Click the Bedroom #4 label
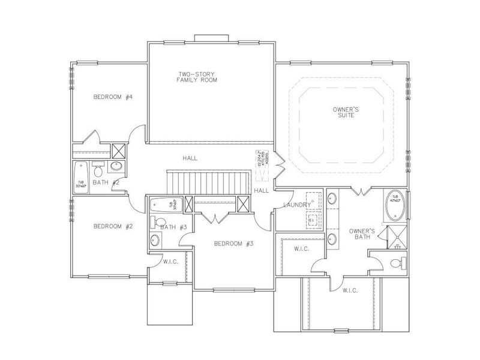coord(112,97)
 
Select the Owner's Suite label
coord(346,112)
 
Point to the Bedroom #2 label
coord(112,226)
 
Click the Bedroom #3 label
coord(234,244)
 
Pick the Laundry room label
coord(298,205)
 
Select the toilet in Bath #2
coord(99,165)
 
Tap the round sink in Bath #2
coord(118,167)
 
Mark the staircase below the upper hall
coord(208,181)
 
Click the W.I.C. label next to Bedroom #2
coord(169,262)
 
